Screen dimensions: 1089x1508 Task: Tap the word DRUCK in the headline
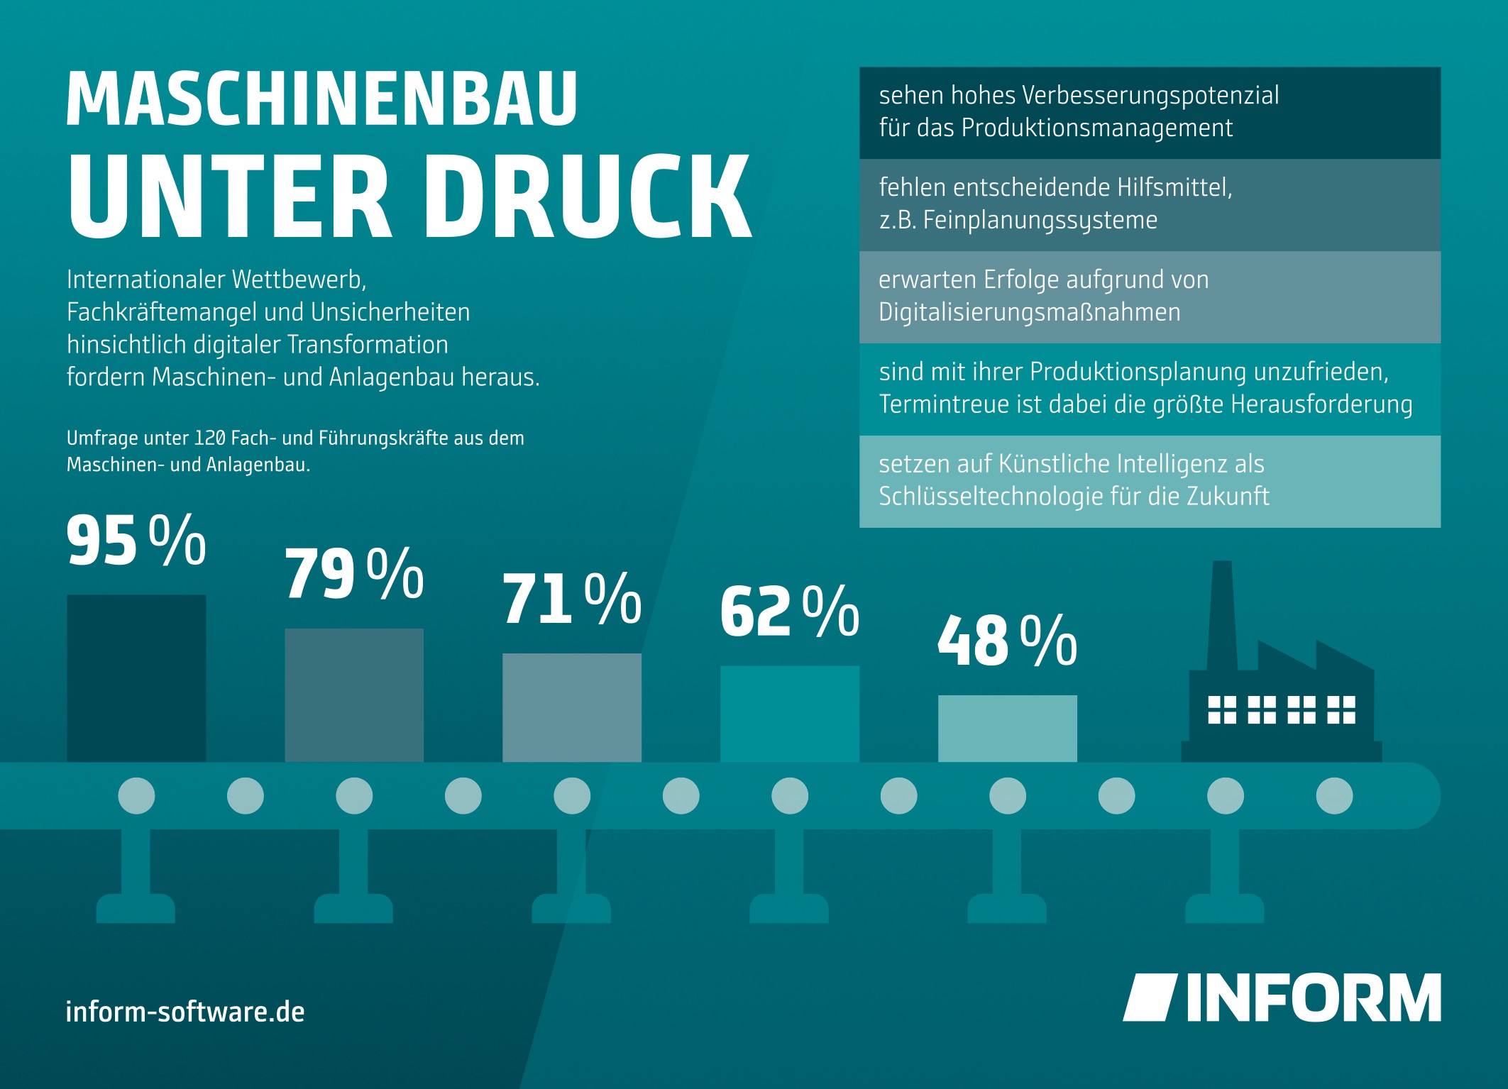588,197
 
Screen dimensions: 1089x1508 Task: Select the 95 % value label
136,541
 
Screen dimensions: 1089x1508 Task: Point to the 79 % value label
354,574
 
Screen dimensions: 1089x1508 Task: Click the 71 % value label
572,599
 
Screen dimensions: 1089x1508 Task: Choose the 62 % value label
790,612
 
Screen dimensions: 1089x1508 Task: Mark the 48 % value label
1007,641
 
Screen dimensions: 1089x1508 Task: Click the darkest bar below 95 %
136,678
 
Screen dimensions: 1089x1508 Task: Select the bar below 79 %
354,695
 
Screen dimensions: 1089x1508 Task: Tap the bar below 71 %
572,707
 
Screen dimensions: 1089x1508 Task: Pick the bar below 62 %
790,714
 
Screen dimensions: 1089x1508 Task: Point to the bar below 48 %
1007,729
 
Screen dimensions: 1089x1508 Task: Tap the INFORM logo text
1313,997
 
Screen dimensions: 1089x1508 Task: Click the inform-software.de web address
185,1012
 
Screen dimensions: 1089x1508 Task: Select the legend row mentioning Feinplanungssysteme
1150,204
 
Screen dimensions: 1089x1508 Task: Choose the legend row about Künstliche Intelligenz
1150,481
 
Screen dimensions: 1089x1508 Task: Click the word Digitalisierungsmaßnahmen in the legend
1030,312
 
